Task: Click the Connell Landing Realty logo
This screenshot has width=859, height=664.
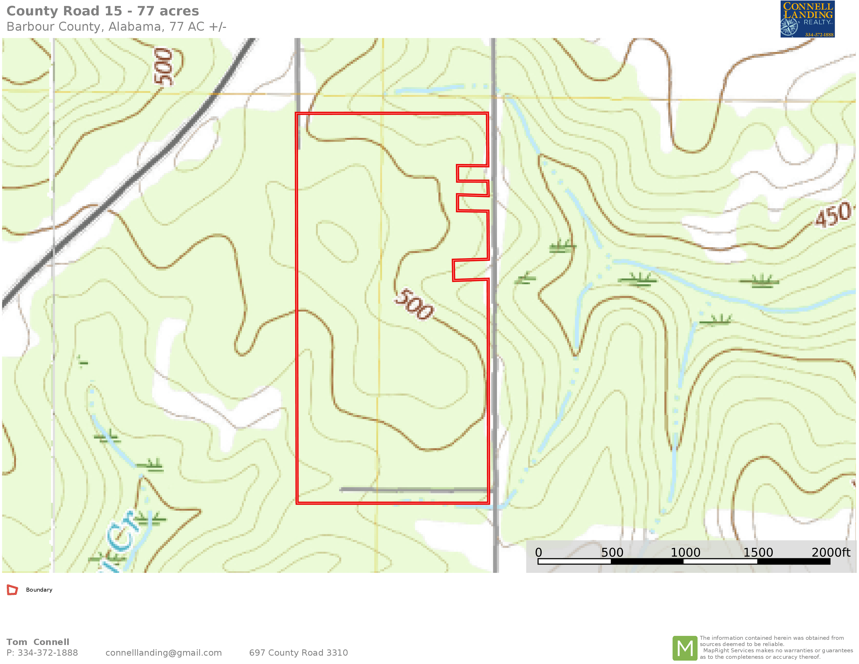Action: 807,19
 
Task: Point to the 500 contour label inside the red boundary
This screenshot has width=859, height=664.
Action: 414,304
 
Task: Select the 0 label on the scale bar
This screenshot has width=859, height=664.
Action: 538,552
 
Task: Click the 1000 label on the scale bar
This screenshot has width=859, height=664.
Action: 685,552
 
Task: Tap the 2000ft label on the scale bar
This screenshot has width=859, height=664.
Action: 831,552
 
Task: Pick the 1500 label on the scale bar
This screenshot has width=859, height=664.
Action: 758,552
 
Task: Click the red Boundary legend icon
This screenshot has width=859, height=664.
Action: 12,590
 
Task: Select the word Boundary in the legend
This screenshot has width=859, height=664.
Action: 39,590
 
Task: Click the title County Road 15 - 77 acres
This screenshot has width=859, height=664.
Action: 103,11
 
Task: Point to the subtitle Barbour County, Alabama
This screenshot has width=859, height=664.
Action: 116,27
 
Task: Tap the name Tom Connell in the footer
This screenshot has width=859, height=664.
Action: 38,642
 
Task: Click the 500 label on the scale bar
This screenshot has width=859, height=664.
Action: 612,552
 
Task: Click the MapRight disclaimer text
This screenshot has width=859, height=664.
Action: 776,648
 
